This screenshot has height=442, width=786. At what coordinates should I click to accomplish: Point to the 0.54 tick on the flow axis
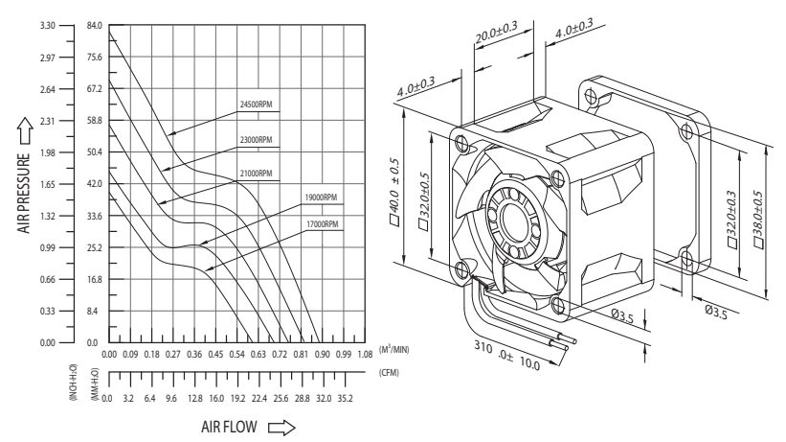click(x=237, y=354)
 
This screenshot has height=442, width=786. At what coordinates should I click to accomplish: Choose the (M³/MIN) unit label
click(x=394, y=351)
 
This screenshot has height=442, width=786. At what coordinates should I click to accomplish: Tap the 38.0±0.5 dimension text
click(x=759, y=219)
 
